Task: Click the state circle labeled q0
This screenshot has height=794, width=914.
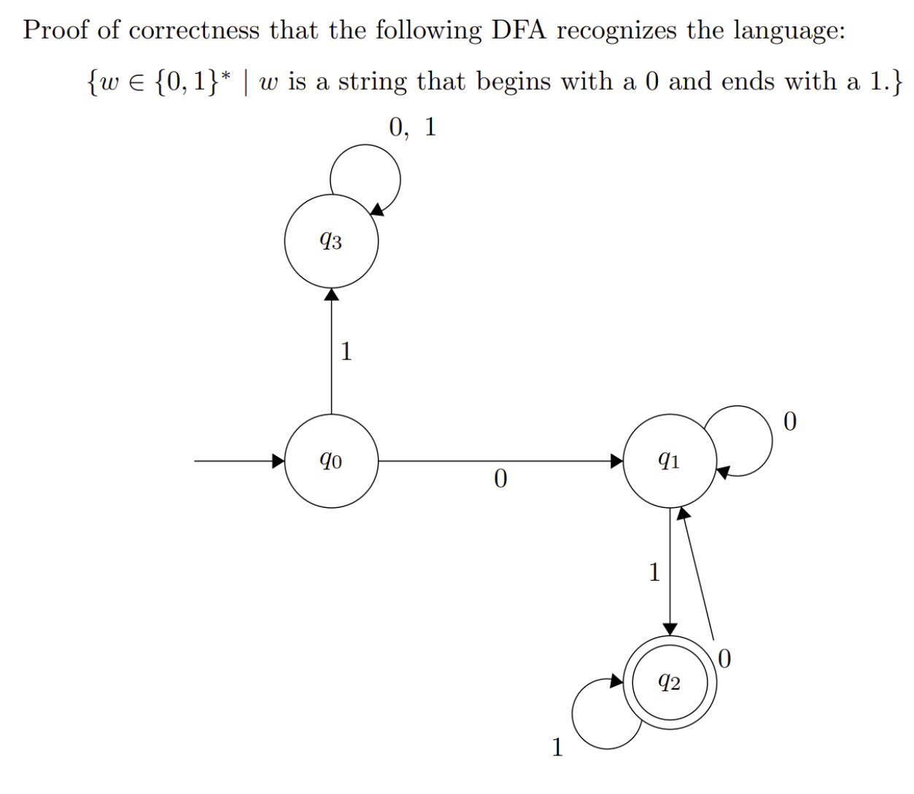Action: [331, 461]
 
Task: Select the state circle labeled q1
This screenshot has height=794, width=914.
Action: [670, 461]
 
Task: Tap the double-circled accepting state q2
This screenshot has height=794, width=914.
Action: [670, 682]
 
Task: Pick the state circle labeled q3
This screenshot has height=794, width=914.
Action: [331, 242]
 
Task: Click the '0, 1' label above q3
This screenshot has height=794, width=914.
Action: [412, 128]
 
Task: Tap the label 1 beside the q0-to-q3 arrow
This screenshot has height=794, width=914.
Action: [346, 352]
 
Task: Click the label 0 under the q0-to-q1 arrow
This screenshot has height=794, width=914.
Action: [500, 479]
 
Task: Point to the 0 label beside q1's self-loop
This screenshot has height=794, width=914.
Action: [790, 422]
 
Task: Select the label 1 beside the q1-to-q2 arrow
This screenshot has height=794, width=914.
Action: [654, 572]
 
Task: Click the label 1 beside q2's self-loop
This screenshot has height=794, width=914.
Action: [557, 747]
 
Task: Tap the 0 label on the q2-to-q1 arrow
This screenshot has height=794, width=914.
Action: [724, 658]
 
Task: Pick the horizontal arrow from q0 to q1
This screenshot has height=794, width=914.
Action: [500, 461]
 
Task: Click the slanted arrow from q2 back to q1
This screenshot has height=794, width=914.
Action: [697, 573]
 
